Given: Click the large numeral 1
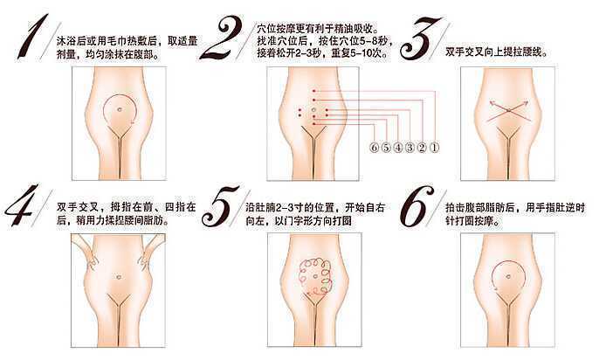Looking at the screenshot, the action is [33, 37].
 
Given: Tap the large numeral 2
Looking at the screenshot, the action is [222, 38].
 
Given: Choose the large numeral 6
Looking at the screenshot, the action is [417, 205].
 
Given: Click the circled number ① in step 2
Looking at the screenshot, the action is [434, 148].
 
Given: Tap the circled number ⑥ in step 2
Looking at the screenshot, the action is [374, 148].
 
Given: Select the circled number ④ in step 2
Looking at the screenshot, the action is [398, 148].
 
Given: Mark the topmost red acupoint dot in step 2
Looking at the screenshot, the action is [314, 91].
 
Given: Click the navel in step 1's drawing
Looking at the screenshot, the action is [120, 109].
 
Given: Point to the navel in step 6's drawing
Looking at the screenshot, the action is [508, 276].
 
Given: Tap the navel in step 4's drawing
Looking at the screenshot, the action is [119, 276].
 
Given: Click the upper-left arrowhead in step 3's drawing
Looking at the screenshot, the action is [492, 103].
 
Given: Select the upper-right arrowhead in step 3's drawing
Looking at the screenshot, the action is [525, 103].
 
